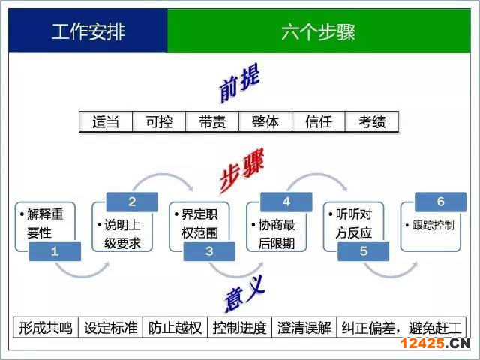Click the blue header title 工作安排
(x=88, y=31)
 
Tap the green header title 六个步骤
(x=318, y=31)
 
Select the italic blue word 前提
(x=240, y=82)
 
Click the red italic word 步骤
(x=241, y=170)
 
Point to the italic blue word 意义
(x=244, y=293)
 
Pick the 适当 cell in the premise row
(x=106, y=121)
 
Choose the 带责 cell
(x=212, y=121)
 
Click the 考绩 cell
(x=372, y=121)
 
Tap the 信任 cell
(x=319, y=121)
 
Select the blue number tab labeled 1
(x=55, y=251)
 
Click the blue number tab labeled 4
(x=286, y=202)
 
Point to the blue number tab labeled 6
(x=440, y=202)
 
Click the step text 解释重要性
(x=42, y=223)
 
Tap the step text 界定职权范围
(x=196, y=223)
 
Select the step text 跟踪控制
(x=430, y=226)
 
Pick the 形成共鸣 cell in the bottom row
(x=46, y=328)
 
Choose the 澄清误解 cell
(x=304, y=328)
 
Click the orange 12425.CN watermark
(x=435, y=343)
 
